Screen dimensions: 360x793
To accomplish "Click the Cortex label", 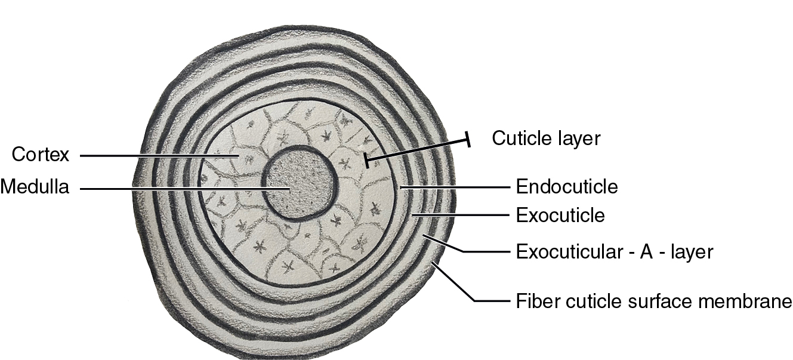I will (x=41, y=155).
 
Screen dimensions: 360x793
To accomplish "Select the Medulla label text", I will (x=35, y=187).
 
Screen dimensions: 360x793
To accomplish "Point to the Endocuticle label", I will (x=566, y=187).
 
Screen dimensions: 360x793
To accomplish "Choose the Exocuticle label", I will (x=560, y=215).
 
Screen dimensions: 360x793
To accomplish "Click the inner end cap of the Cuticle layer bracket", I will (x=367, y=160).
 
